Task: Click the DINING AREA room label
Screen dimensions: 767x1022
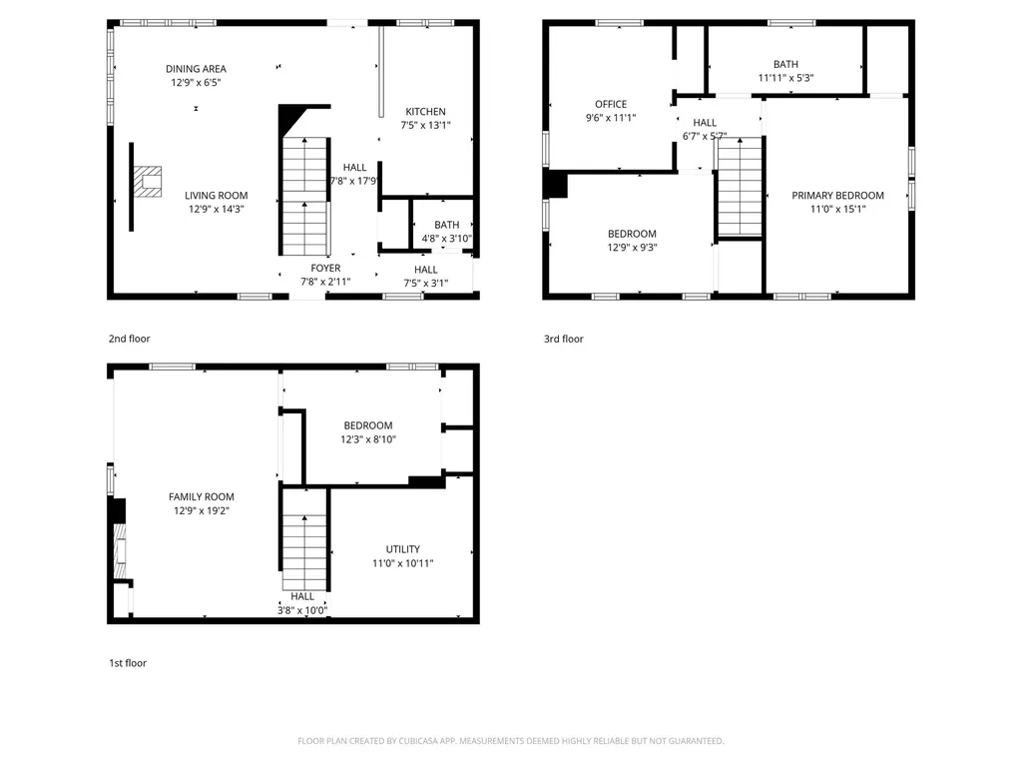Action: point(196,69)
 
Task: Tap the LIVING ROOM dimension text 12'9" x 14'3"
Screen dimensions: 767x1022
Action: point(217,209)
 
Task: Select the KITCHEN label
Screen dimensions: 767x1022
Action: point(425,112)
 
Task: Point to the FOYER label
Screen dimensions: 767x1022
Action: point(325,269)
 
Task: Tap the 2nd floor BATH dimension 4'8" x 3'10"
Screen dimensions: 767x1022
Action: point(446,239)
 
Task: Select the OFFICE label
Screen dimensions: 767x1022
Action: point(611,104)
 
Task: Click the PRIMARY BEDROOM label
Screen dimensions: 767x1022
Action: point(837,196)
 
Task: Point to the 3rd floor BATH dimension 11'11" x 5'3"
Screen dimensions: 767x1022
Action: point(785,78)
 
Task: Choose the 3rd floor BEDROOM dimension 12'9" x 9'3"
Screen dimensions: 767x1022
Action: point(632,248)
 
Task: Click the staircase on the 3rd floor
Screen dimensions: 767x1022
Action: point(740,188)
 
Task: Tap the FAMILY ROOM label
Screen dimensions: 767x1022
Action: point(201,497)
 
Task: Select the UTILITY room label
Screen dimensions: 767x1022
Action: point(402,549)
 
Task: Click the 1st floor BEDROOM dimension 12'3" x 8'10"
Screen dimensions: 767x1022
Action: point(368,438)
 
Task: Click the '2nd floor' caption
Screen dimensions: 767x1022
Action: point(130,340)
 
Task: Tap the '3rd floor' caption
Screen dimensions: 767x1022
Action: point(563,340)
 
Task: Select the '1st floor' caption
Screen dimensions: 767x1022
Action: point(128,663)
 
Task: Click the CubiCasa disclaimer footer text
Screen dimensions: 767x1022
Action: point(510,741)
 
